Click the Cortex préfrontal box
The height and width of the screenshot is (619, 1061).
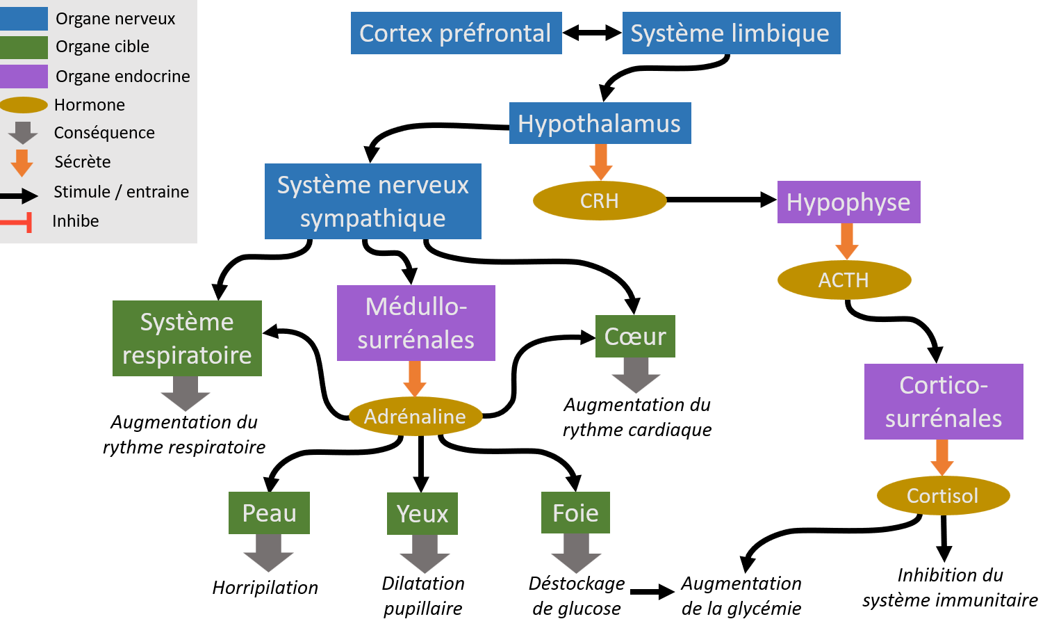[456, 33]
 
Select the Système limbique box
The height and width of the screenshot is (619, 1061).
[732, 33]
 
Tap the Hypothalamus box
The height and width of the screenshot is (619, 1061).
[600, 123]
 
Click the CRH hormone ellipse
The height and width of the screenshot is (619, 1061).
[600, 201]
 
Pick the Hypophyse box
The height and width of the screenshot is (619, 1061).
[849, 202]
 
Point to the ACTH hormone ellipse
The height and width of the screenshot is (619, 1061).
[844, 280]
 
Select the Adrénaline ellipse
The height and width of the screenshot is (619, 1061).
[416, 416]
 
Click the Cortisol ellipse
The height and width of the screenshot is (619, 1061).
[943, 495]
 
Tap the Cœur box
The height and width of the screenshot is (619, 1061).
[635, 336]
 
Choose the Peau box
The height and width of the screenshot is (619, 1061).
[269, 513]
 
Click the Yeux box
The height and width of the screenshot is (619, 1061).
[422, 513]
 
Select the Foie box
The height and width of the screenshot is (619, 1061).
[575, 513]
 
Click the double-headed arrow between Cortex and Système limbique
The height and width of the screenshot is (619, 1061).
[592, 33]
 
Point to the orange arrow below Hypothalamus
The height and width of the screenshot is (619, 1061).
[600, 162]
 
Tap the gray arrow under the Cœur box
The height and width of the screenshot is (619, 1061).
[636, 375]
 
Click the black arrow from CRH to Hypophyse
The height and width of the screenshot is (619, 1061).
[722, 200]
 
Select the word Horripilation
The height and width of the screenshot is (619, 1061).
[265, 588]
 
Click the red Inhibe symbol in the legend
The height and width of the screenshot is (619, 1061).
[16, 222]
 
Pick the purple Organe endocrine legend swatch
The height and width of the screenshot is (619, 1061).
[24, 77]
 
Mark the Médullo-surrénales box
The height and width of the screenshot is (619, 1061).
[416, 323]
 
